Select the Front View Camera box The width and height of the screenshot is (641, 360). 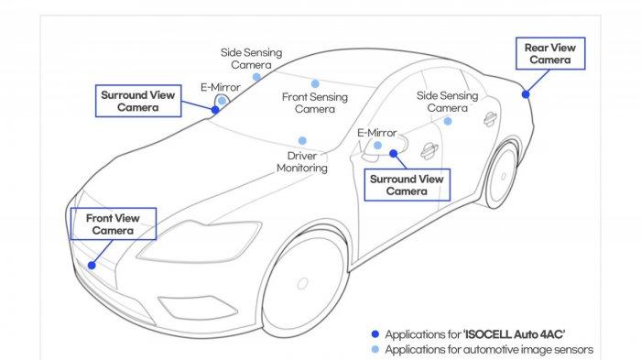[x=114, y=224]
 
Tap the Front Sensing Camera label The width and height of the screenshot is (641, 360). [x=314, y=103]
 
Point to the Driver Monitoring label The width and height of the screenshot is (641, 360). [x=301, y=162]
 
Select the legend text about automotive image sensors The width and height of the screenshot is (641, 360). [x=489, y=349]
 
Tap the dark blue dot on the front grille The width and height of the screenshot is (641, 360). [x=91, y=265]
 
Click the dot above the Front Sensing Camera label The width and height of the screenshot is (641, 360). [x=314, y=83]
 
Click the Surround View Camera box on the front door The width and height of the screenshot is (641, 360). [x=406, y=185]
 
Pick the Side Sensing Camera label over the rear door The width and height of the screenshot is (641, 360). [x=448, y=101]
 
